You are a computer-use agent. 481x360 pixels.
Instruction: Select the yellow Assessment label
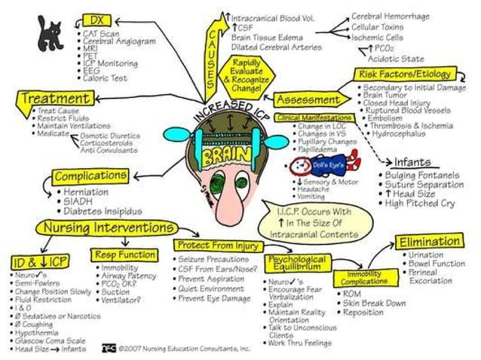308,99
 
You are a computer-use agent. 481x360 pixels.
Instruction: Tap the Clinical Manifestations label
314,118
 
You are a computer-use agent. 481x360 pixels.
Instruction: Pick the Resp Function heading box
125,254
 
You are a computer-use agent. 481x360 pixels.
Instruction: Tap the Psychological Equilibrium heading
296,262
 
